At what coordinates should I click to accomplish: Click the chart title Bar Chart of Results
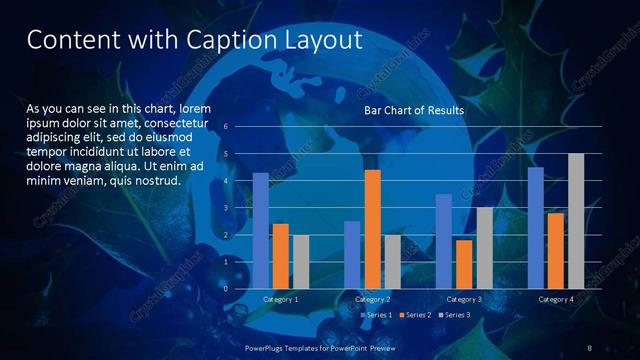[413, 111]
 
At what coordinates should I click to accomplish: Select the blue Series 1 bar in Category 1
[261, 230]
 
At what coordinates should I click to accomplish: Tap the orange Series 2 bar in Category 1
[281, 256]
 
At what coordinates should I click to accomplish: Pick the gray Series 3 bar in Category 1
[301, 262]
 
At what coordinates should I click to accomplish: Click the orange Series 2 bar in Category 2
[372, 229]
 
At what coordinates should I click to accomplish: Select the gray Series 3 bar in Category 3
[484, 248]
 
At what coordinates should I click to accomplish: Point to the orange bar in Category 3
[464, 264]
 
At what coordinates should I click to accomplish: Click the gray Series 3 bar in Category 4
[576, 221]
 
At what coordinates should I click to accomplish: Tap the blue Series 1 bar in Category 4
[536, 227]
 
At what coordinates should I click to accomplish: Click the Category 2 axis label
[372, 299]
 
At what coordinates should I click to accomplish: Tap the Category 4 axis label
[556, 299]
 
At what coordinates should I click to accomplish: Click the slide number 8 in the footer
[589, 346]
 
